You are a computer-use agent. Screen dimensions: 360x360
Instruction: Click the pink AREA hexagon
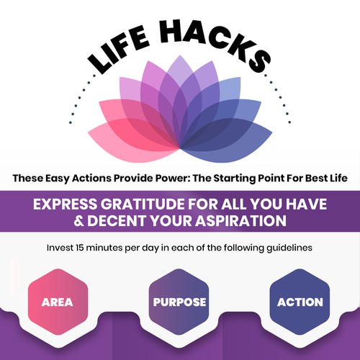[58, 302]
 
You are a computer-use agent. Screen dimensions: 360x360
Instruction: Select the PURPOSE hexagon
[179, 302]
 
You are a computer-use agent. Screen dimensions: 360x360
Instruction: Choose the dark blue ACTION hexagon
[300, 302]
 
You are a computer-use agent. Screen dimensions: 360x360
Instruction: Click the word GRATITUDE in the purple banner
[143, 204]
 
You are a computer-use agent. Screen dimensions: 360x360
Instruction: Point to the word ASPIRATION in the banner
[240, 221]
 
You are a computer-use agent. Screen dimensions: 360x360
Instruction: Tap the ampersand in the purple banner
[78, 221]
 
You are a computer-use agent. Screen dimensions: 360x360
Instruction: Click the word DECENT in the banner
[117, 221]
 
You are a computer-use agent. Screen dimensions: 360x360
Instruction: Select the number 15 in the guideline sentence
[80, 248]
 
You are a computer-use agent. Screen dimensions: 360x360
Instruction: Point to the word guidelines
[289, 248]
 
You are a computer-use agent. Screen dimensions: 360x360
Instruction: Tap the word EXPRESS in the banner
[65, 204]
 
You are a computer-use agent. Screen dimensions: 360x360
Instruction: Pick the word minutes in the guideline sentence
[104, 248]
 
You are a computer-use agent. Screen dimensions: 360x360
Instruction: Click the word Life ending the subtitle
[338, 178]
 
